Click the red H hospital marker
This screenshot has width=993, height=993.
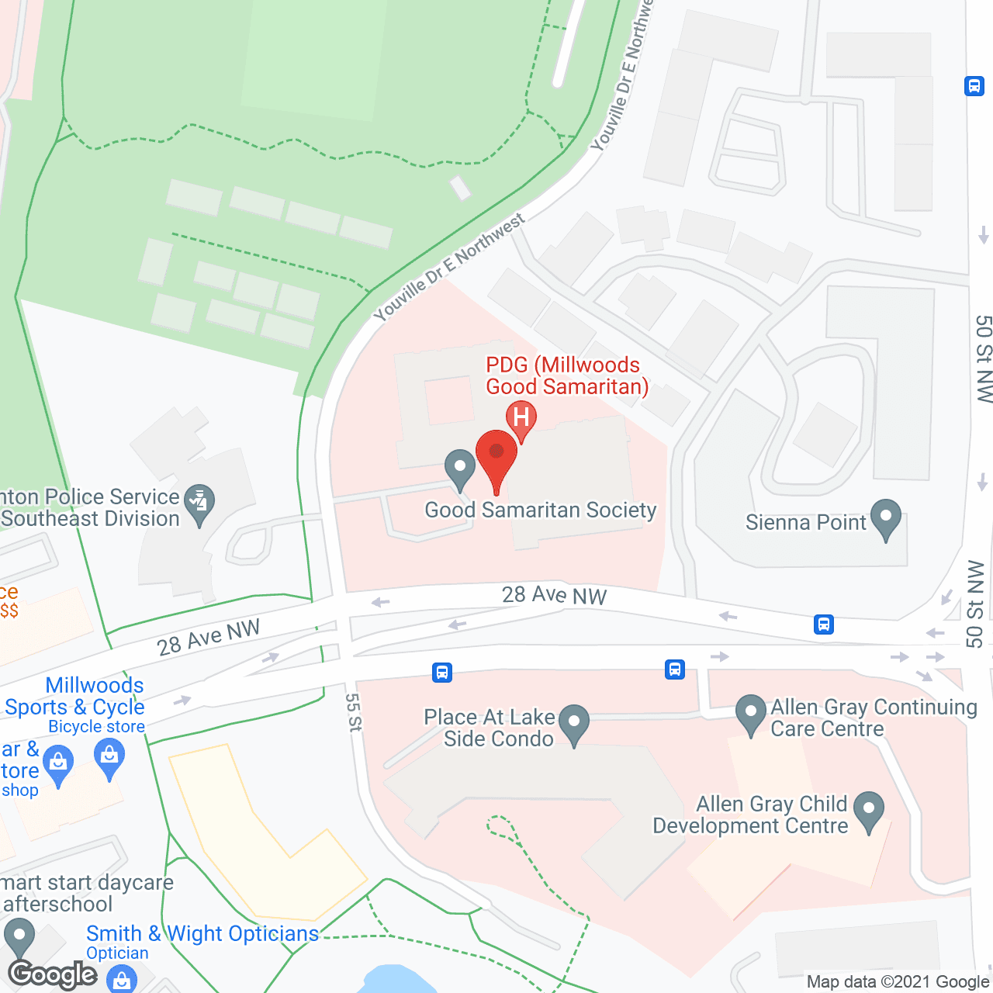pos(521,418)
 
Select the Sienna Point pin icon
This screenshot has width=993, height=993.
pos(885,517)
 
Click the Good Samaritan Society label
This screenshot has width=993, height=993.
pos(541,510)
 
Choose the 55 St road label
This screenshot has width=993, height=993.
pos(354,712)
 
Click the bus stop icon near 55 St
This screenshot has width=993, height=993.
pos(442,672)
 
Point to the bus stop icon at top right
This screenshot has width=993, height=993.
pos(974,85)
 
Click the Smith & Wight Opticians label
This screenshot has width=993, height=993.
pos(202,933)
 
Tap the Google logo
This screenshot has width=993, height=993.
pos(53,974)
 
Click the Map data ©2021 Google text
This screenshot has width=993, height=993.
pos(898,982)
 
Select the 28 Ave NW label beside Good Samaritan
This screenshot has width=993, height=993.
pos(554,595)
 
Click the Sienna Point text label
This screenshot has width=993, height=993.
pos(805,522)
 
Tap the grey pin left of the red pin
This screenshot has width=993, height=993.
pos(460,468)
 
